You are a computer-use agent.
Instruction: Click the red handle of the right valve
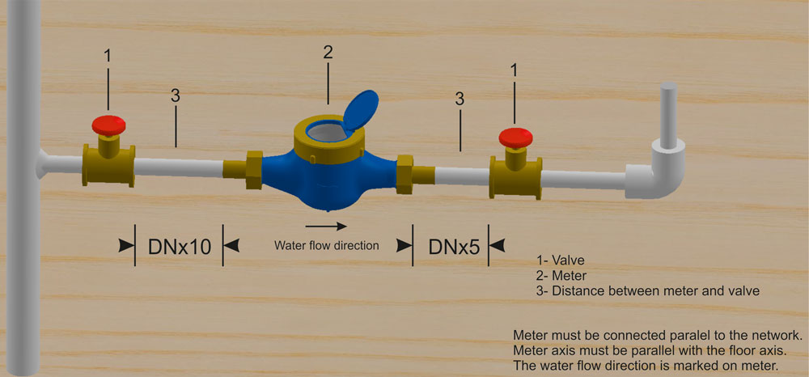pos(515,138)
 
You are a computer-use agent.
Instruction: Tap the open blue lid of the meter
pos(360,110)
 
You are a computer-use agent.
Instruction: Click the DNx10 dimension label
pos(180,247)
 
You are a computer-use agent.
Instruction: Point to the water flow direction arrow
pos(325,226)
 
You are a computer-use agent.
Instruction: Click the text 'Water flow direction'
pos(327,245)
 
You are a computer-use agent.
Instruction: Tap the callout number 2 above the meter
pos(328,52)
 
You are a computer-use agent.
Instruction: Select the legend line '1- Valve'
pos(561,261)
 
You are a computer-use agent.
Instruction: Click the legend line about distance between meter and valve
pos(648,290)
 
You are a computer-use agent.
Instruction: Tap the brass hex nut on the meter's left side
pos(254,170)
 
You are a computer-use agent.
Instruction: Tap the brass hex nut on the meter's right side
pos(404,174)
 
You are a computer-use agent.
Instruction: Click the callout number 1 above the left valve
pos(108,56)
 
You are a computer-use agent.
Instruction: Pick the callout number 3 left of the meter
pos(176,97)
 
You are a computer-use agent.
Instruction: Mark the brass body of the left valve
pos(108,165)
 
